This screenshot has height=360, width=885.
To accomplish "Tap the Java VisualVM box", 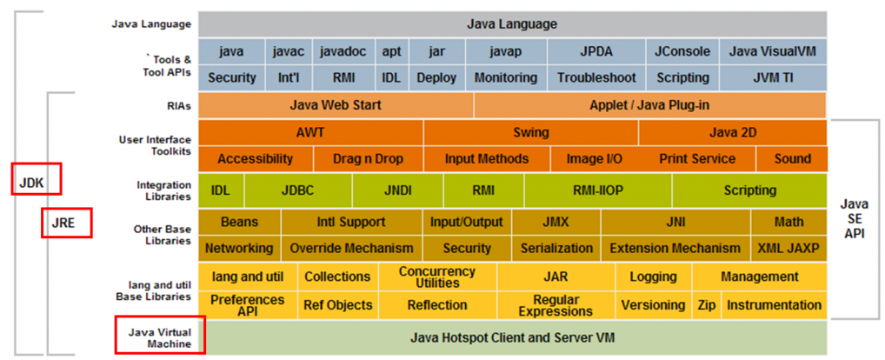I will [x=775, y=51].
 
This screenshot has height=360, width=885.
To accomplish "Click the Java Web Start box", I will [x=336, y=105].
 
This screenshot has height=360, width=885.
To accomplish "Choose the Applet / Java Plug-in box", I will [x=649, y=105].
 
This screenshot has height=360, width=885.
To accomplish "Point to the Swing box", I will [x=530, y=133].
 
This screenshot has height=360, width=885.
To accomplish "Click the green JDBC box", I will [x=298, y=190].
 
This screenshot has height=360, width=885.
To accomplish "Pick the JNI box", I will [x=675, y=222].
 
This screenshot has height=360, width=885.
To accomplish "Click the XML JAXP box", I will [x=788, y=248].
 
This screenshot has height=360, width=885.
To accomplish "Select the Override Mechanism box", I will [x=351, y=248].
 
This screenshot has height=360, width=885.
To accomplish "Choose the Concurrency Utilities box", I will [x=437, y=277].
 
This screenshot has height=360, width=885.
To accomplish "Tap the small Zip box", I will [x=706, y=305].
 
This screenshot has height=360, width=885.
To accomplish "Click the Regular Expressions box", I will [x=556, y=305].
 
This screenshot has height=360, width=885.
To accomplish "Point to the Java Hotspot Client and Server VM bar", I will [x=512, y=337].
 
